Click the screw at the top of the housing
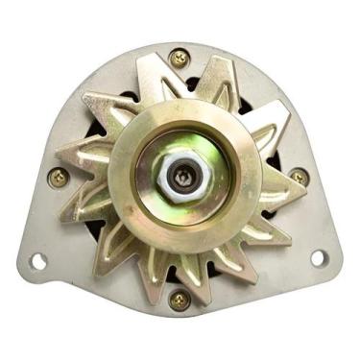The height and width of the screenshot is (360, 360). [x=179, y=58]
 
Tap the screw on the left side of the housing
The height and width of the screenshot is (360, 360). [x=60, y=177]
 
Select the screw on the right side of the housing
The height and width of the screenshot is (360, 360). [x=299, y=178]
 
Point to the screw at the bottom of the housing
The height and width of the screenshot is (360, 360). [x=179, y=299]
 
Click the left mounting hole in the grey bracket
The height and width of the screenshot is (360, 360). [x=38, y=260]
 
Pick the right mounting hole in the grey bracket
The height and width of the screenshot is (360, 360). [x=317, y=257]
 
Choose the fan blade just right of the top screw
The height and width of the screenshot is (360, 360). [x=217, y=72]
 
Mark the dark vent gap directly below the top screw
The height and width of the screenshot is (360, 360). [x=180, y=84]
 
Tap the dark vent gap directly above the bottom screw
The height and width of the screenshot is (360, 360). [x=180, y=275]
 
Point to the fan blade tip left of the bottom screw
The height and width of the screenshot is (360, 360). [x=144, y=284]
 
